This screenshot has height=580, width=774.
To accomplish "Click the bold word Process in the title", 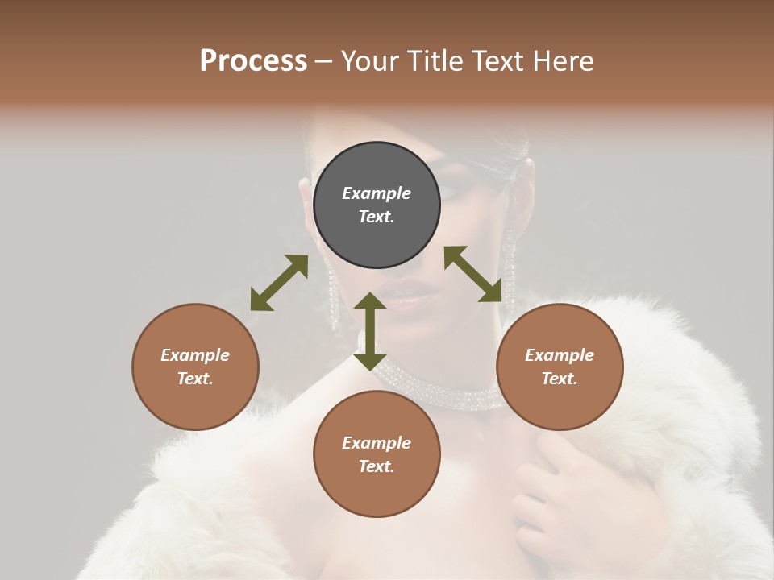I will tap(253, 61).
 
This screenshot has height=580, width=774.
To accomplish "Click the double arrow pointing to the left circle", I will tap(279, 283).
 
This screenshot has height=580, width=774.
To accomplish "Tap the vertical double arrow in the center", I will tap(370, 331).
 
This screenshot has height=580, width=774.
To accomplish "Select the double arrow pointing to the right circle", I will tap(479, 274).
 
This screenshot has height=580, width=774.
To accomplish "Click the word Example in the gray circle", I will tap(377, 193).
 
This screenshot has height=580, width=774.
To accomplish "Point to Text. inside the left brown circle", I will tap(195, 379).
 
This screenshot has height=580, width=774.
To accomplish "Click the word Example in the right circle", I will tap(560, 355).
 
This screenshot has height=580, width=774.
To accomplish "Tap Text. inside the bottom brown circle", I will tap(377, 466).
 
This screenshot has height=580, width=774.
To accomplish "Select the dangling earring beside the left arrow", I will tap(331, 294).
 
